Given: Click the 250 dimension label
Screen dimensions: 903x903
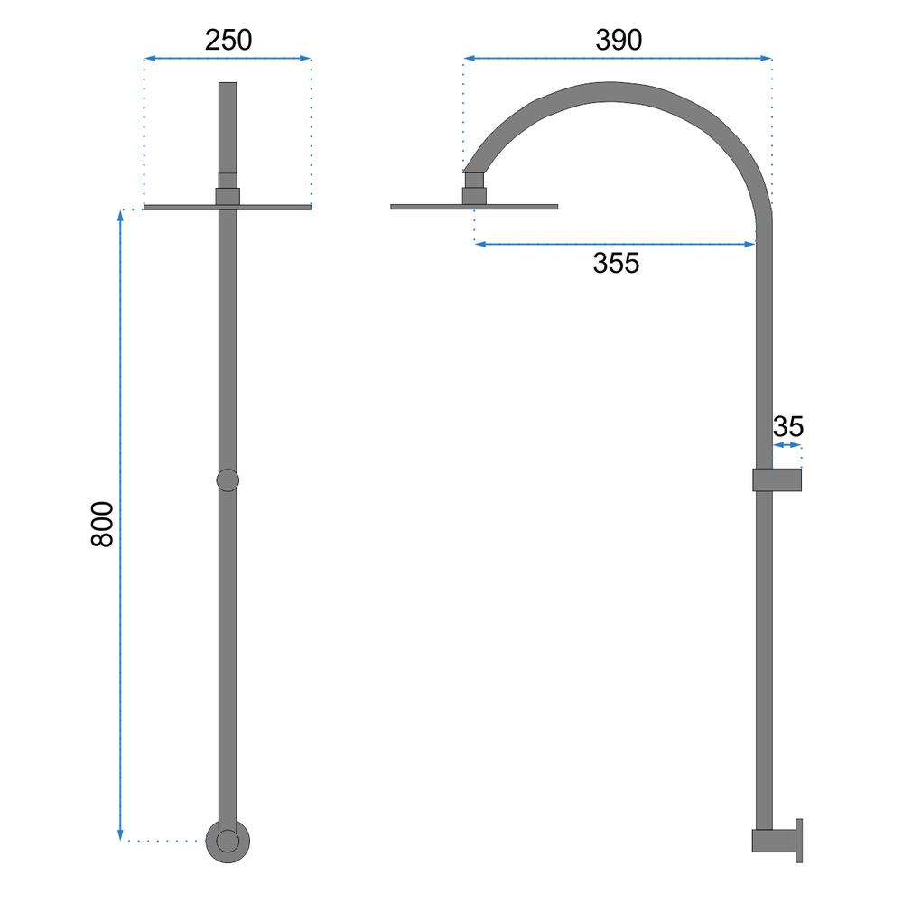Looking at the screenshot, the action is [228, 40].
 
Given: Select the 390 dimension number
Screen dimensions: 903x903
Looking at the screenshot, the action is [619, 40].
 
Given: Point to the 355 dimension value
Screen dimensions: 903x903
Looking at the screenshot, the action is [616, 263].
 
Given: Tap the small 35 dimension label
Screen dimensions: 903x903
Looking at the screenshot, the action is [787, 427].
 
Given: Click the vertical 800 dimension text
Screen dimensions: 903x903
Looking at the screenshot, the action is [103, 524].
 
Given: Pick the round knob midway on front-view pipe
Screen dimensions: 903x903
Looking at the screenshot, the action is [228, 479].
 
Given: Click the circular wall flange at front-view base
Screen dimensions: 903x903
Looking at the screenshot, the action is [228, 841].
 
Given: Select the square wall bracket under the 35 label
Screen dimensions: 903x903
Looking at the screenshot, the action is [777, 479].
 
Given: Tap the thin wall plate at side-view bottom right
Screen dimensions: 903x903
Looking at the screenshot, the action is [799, 840].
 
